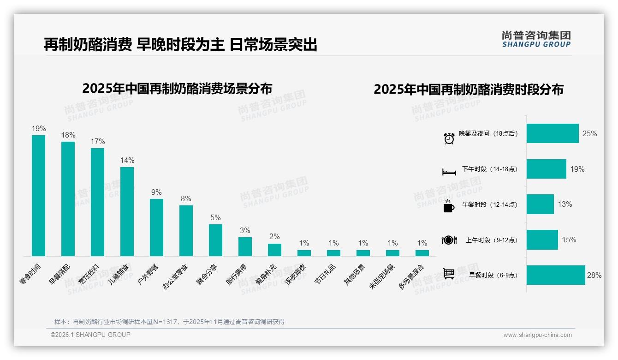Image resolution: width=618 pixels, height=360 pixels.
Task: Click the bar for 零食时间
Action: (38, 195)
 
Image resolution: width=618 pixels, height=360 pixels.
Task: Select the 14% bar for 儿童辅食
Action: (127, 211)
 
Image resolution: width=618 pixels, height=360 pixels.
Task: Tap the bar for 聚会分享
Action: (215, 240)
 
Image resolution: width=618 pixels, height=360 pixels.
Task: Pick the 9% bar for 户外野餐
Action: (156, 227)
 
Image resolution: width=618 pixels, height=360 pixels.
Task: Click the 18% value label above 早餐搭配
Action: (68, 135)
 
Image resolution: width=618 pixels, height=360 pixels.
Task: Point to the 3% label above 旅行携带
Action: (245, 230)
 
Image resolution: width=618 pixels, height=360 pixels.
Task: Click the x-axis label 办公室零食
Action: (176, 276)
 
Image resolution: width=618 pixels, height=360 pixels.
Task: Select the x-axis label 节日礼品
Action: (326, 274)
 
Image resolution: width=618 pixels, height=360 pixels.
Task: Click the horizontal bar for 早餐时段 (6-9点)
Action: (556, 275)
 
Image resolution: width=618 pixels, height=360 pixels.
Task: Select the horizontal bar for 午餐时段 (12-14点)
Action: (540, 204)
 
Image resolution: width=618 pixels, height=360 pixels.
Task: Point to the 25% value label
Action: (589, 133)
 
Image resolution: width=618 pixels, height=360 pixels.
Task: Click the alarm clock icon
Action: (449, 138)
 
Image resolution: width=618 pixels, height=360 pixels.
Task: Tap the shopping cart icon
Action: (449, 274)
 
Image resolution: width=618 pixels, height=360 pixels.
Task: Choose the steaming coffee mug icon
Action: (449, 206)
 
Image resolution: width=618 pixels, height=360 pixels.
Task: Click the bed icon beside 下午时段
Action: (449, 172)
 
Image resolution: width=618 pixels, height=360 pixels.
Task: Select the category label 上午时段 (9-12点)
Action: (491, 240)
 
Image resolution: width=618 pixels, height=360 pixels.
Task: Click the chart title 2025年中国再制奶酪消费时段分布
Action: (469, 90)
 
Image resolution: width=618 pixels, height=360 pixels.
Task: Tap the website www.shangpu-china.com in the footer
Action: (537, 335)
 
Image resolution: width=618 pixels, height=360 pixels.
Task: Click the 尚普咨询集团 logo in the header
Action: (536, 39)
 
